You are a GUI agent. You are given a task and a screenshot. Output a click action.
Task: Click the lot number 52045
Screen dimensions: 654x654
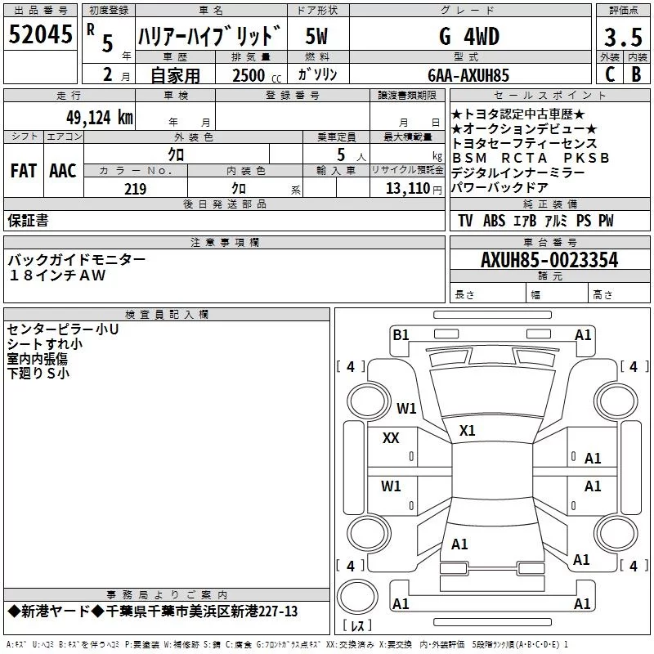tap(40, 34)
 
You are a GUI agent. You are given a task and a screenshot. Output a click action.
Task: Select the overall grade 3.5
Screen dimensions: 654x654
tap(623, 37)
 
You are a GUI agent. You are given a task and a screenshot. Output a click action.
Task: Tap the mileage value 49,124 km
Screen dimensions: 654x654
tap(99, 117)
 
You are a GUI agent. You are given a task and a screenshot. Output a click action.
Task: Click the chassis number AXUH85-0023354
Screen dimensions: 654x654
tap(549, 260)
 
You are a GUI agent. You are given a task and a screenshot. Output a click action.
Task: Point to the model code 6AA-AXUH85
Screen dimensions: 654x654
tap(468, 75)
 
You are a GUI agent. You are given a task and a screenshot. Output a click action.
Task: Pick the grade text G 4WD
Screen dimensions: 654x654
tap(469, 36)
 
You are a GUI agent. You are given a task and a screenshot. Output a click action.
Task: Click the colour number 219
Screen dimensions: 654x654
tap(135, 189)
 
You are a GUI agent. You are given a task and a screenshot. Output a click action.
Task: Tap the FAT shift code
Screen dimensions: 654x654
tap(24, 170)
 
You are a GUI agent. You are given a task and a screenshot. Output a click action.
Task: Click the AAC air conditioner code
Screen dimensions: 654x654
tap(63, 170)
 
